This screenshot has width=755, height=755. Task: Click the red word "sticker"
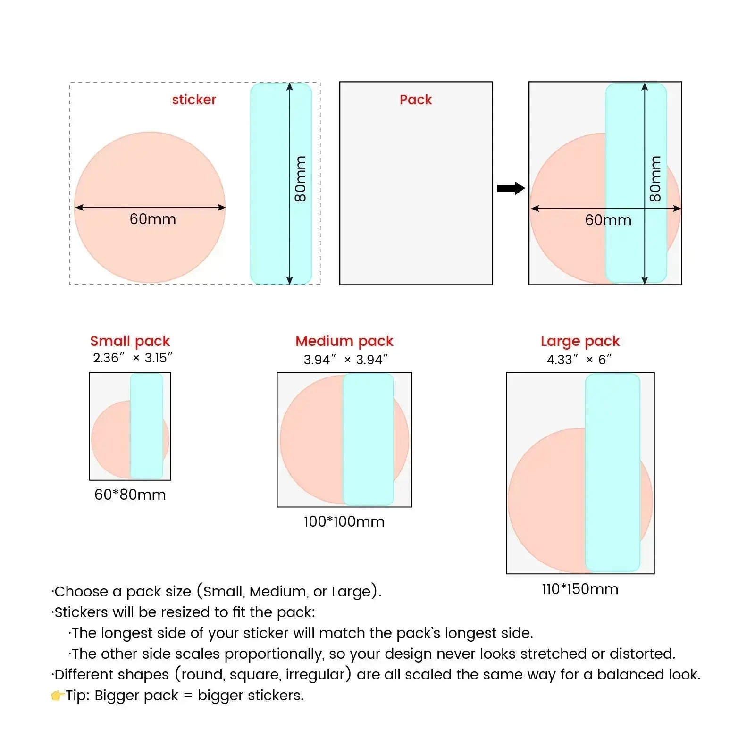coord(194,100)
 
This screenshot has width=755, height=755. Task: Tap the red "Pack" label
coord(416,100)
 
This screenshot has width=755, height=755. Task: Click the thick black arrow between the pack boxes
coord(511,188)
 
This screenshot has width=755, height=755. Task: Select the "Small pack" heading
coord(130,341)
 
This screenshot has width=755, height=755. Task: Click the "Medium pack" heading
coord(344,341)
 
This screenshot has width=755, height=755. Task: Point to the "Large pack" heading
coord(580,341)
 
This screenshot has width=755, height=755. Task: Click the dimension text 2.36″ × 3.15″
coord(133,358)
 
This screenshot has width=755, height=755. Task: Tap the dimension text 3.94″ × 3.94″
coord(345,360)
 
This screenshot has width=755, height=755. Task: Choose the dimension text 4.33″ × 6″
coord(579,360)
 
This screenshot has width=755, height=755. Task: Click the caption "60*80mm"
coord(130,495)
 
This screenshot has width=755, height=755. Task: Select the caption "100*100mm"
coord(344,521)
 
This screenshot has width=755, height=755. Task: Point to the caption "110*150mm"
coord(580,589)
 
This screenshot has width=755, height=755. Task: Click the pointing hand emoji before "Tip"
coord(58,696)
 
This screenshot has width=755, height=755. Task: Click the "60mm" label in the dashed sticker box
coord(153,219)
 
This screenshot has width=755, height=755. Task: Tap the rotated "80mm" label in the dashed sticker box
coord(300,179)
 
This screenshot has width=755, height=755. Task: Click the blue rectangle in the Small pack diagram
coord(147,426)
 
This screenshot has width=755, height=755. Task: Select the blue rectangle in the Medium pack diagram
coord(368,439)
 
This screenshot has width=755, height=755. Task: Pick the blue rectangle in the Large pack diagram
coord(612,473)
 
